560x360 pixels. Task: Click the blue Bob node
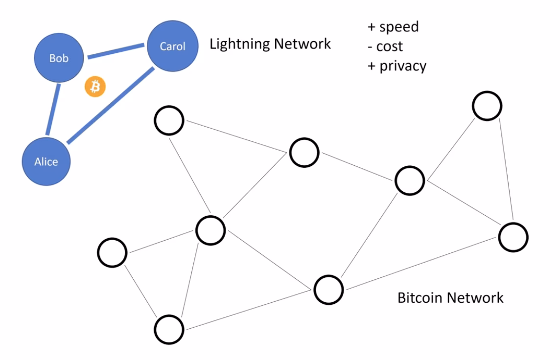59,58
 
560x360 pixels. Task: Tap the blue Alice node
46,161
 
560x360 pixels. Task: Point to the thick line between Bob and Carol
116,52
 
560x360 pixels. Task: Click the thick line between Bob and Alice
53,109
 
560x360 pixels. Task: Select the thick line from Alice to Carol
110,106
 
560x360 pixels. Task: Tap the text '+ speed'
393,26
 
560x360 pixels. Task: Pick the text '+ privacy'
397,66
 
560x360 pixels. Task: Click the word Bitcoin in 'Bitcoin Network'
418,297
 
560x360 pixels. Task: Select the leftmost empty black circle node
112,252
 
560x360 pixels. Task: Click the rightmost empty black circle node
513,237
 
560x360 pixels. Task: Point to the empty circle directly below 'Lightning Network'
304,153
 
